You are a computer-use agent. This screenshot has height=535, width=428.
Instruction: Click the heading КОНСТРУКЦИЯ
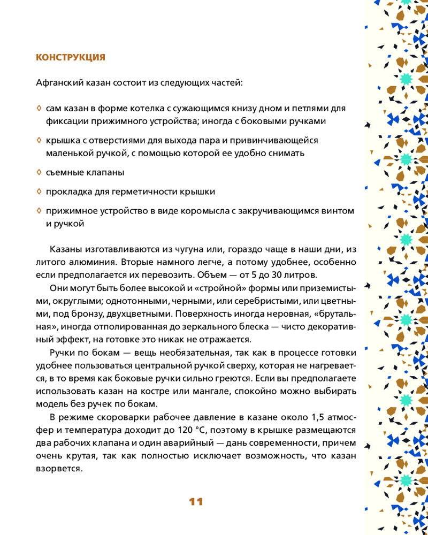point(70,57)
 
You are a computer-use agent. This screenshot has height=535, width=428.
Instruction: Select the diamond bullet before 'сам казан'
point(39,108)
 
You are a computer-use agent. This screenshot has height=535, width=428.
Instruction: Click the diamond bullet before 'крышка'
point(39,140)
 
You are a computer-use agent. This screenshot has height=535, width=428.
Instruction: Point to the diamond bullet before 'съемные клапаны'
point(39,172)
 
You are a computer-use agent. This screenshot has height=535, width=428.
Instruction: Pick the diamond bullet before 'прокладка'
point(39,191)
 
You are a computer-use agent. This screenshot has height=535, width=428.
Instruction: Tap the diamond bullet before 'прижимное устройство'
point(39,210)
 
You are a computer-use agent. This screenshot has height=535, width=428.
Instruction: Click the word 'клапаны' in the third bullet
point(105,173)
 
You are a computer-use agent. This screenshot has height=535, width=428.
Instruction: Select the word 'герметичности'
point(143,192)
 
